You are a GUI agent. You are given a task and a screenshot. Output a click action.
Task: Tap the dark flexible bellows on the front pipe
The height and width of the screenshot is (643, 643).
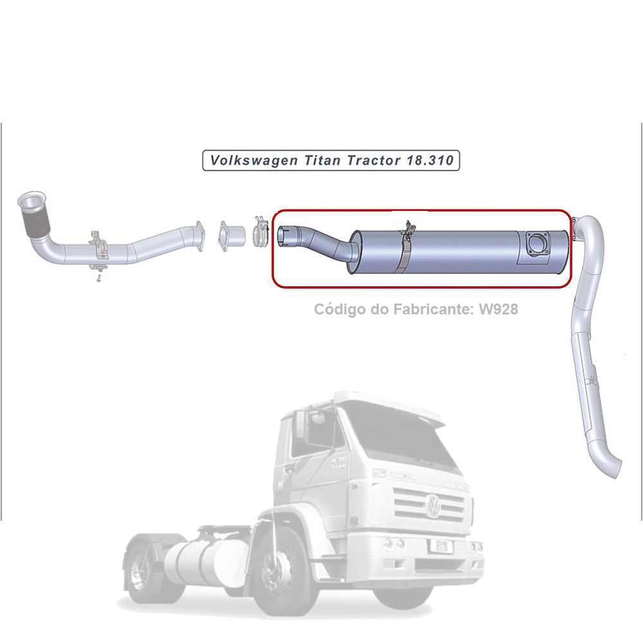coord(35,224)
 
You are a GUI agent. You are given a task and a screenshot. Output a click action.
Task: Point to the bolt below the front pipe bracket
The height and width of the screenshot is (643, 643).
coord(96,280)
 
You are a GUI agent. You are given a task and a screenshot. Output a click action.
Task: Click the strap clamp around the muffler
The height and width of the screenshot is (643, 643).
coord(405,249)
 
